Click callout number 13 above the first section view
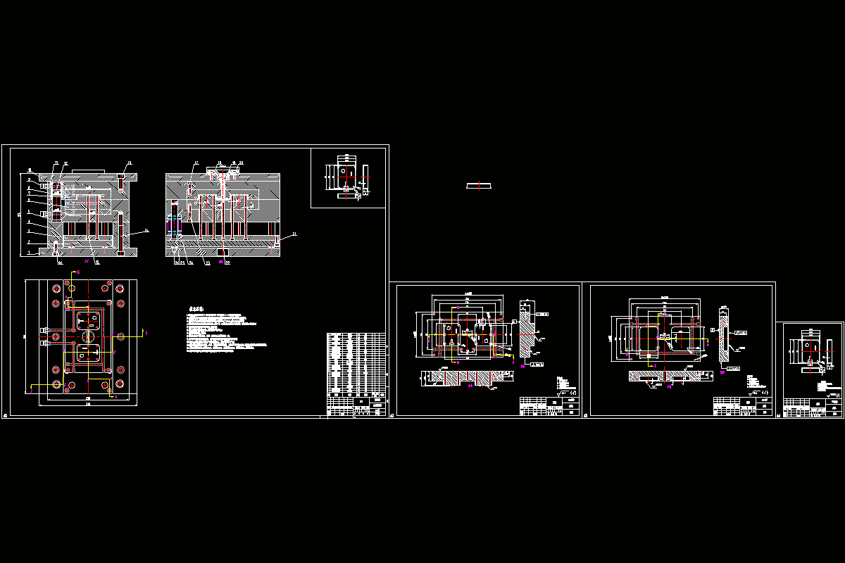(129, 163)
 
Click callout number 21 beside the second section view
(294, 234)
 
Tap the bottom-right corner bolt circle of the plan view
(120, 384)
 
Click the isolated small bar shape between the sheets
(479, 186)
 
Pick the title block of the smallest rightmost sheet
(813, 407)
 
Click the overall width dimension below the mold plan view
(88, 405)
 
